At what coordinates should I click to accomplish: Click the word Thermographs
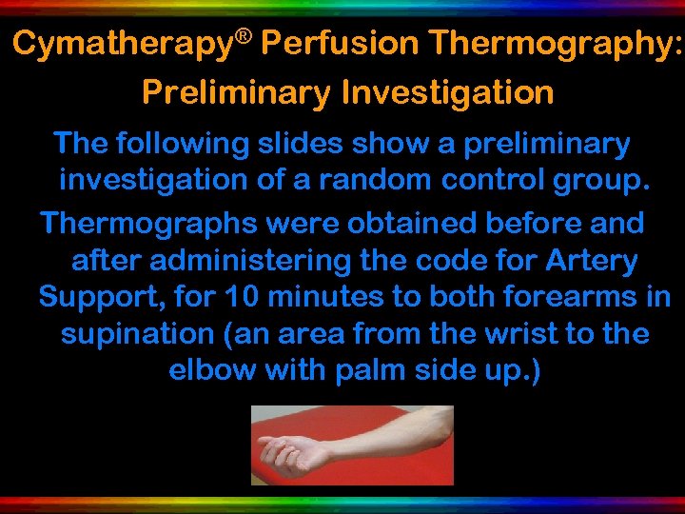[149, 225]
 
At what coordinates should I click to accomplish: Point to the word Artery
[590, 261]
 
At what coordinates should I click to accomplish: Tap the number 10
[243, 297]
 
